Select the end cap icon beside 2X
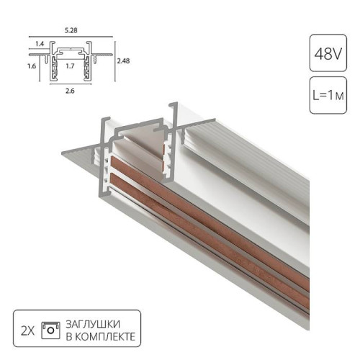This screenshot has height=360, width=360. (x=50, y=329)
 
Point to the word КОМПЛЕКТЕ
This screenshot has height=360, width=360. (x=104, y=336)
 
